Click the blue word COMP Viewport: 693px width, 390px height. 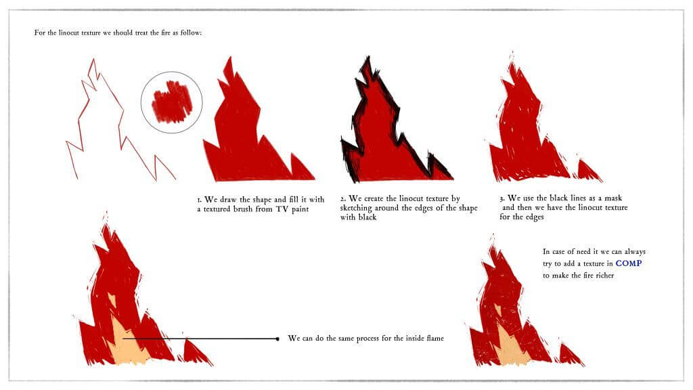click(629, 263)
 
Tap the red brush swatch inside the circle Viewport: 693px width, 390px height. click(171, 102)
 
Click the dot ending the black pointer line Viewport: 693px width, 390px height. click(277, 339)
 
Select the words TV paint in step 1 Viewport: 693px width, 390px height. click(292, 209)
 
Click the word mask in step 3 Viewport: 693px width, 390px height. click(613, 198)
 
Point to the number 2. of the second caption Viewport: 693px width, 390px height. click(343, 199)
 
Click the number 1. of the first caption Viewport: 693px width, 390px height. click(200, 200)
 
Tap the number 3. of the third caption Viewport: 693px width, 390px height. click(502, 198)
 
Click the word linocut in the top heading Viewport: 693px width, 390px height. click(68, 32)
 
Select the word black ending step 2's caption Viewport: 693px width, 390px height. click(367, 217)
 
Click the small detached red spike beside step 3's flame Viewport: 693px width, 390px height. click(589, 171)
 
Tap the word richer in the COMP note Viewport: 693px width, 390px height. click(605, 275)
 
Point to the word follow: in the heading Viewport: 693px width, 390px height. click(191, 32)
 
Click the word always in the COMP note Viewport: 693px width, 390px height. click(635, 252)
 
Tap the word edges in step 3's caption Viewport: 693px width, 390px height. click(535, 217)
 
